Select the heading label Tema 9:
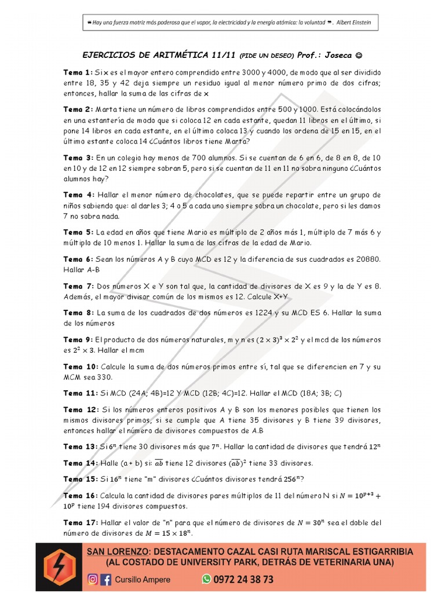[x=78, y=340]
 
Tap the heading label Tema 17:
[x=80, y=522]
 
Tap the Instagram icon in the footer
[x=93, y=579]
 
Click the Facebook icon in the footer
[x=106, y=579]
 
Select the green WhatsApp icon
[x=206, y=579]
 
